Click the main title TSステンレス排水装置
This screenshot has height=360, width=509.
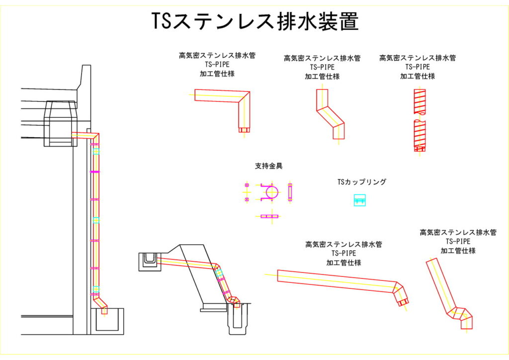pos(254,21)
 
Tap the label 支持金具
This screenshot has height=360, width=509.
pos(268,166)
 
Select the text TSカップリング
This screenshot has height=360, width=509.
pos(361,182)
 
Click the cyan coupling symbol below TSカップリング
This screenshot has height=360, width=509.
pos(359,200)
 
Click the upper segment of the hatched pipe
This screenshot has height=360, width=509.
pos(419,102)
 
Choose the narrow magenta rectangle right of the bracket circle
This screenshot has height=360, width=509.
pos(290,192)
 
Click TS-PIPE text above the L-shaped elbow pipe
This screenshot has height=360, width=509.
pos(217,65)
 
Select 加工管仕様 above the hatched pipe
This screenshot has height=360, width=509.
pos(418,76)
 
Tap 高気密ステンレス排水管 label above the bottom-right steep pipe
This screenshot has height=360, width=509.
pos(458,232)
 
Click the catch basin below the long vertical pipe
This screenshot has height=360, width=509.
pos(106,321)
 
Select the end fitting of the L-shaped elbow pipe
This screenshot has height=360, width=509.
pos(244,130)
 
